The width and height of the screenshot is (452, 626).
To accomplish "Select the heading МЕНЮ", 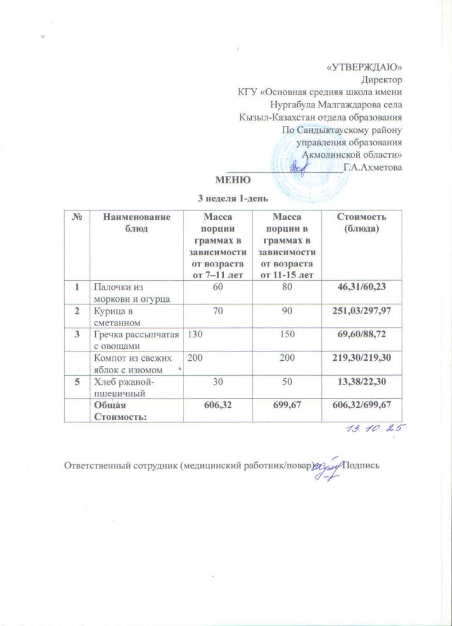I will [233, 181].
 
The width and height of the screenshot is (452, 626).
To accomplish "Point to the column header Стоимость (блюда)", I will [362, 222].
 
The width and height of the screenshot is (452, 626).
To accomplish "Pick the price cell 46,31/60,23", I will [362, 288].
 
